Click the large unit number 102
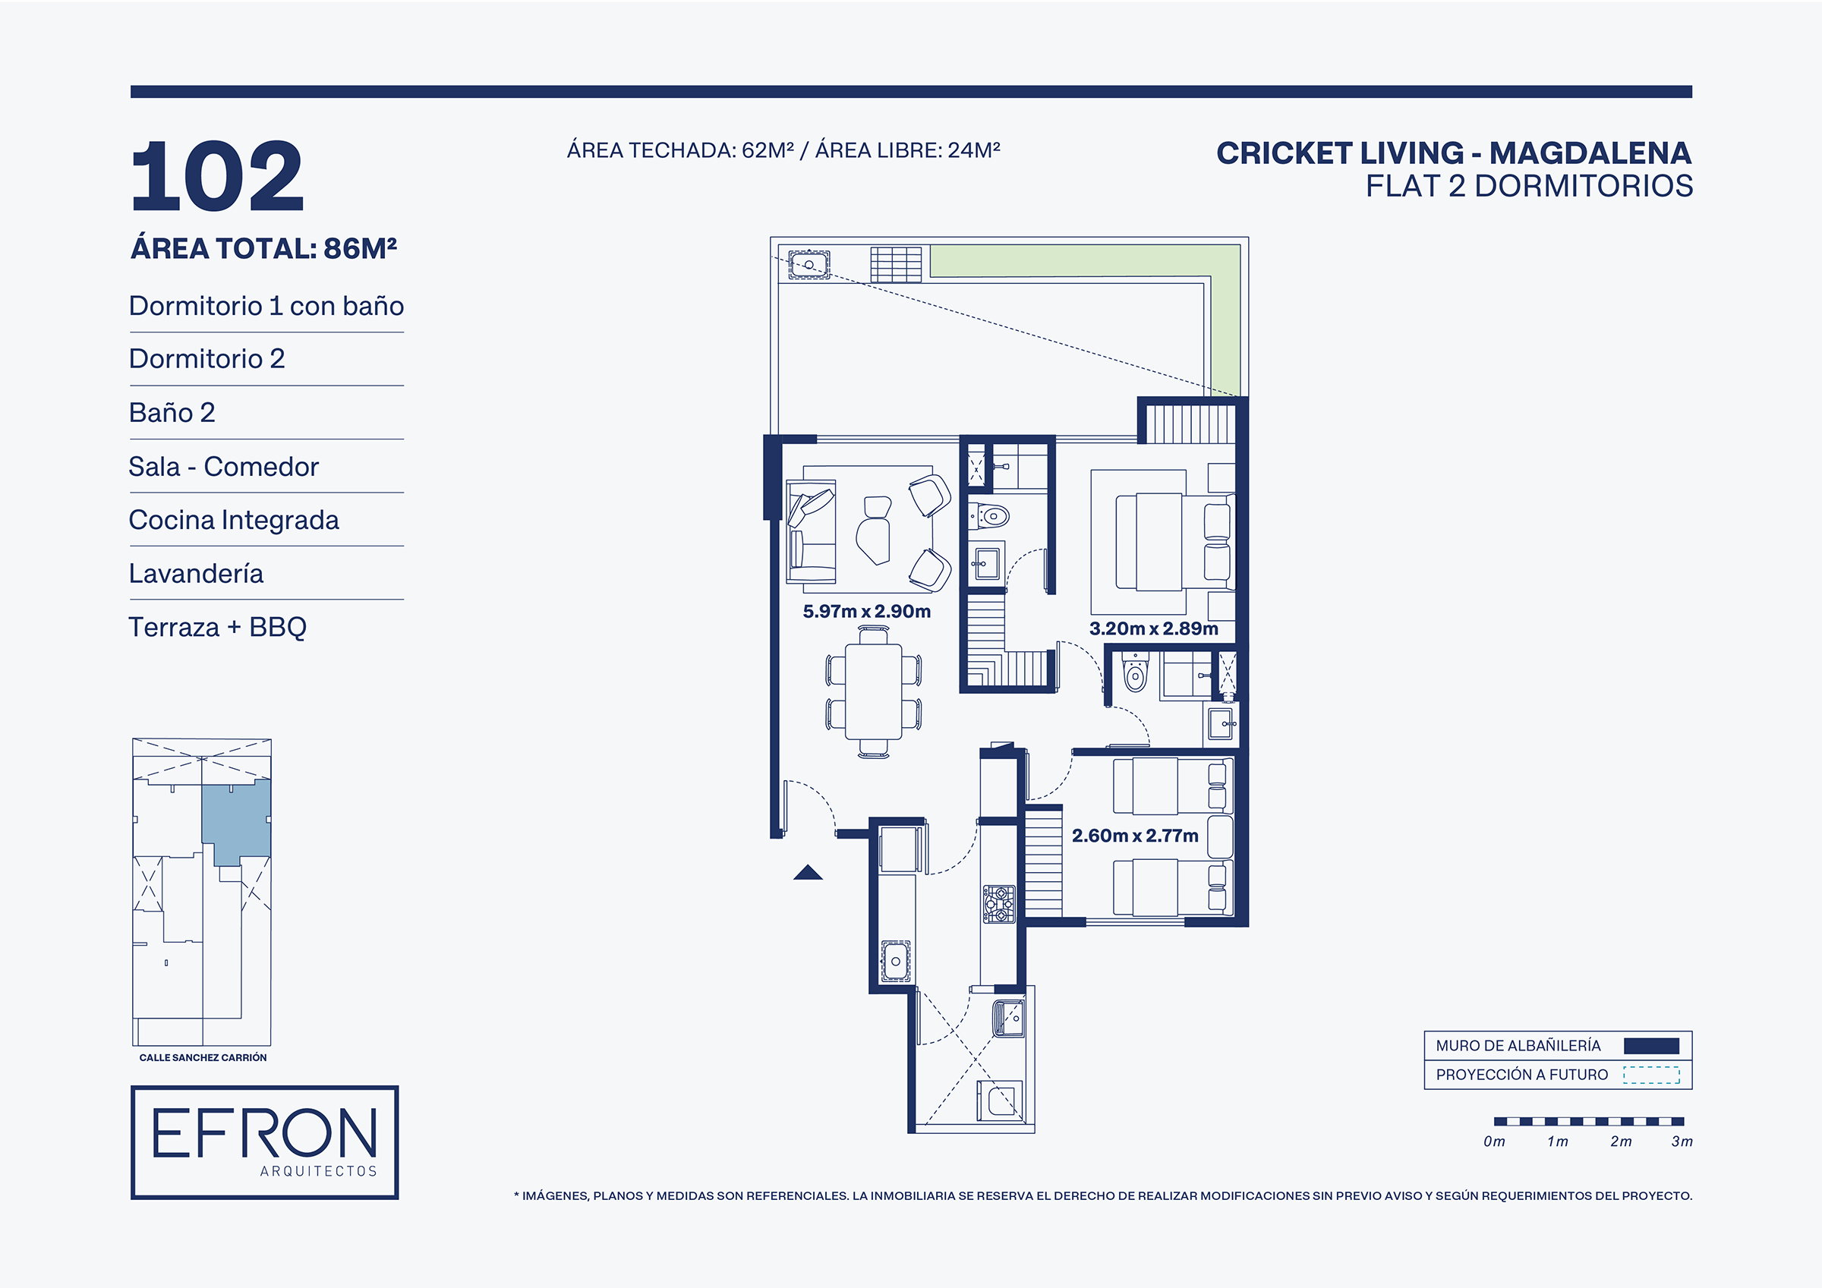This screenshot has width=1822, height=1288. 216,175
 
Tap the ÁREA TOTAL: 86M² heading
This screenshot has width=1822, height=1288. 263,248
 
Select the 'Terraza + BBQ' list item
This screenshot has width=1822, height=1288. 217,627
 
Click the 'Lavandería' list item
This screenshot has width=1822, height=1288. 196,573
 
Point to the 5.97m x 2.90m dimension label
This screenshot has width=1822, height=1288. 866,611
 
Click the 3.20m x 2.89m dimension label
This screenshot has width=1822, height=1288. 1153,628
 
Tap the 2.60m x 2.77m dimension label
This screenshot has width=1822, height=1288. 1135,836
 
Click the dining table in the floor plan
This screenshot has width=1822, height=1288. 873,692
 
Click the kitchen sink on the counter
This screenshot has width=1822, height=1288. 896,961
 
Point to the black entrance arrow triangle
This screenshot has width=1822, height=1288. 808,872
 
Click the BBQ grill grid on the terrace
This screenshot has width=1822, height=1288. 896,264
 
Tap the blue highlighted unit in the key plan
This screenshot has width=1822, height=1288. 235,821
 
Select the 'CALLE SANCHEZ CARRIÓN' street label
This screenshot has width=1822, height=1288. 203,1058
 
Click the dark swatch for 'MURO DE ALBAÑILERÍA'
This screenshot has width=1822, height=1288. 1650,1046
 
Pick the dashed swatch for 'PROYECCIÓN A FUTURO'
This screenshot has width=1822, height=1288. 1650,1075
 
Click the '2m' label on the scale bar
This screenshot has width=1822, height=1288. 1622,1142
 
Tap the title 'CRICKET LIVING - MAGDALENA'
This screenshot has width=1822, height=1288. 1454,153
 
